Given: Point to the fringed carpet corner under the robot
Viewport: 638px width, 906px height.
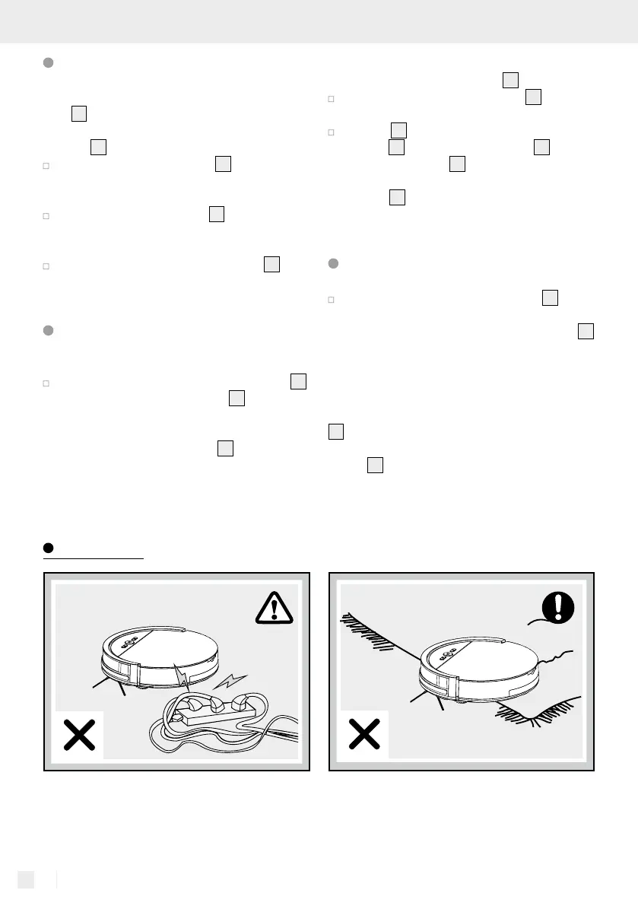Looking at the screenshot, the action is point(537,715).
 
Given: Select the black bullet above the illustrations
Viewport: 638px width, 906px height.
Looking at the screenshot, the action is point(47,548).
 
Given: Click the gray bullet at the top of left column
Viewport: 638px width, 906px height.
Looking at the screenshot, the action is point(48,63).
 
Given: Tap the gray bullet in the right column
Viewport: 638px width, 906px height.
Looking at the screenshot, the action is point(332,263).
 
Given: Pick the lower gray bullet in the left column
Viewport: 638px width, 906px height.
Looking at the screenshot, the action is point(48,331).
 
